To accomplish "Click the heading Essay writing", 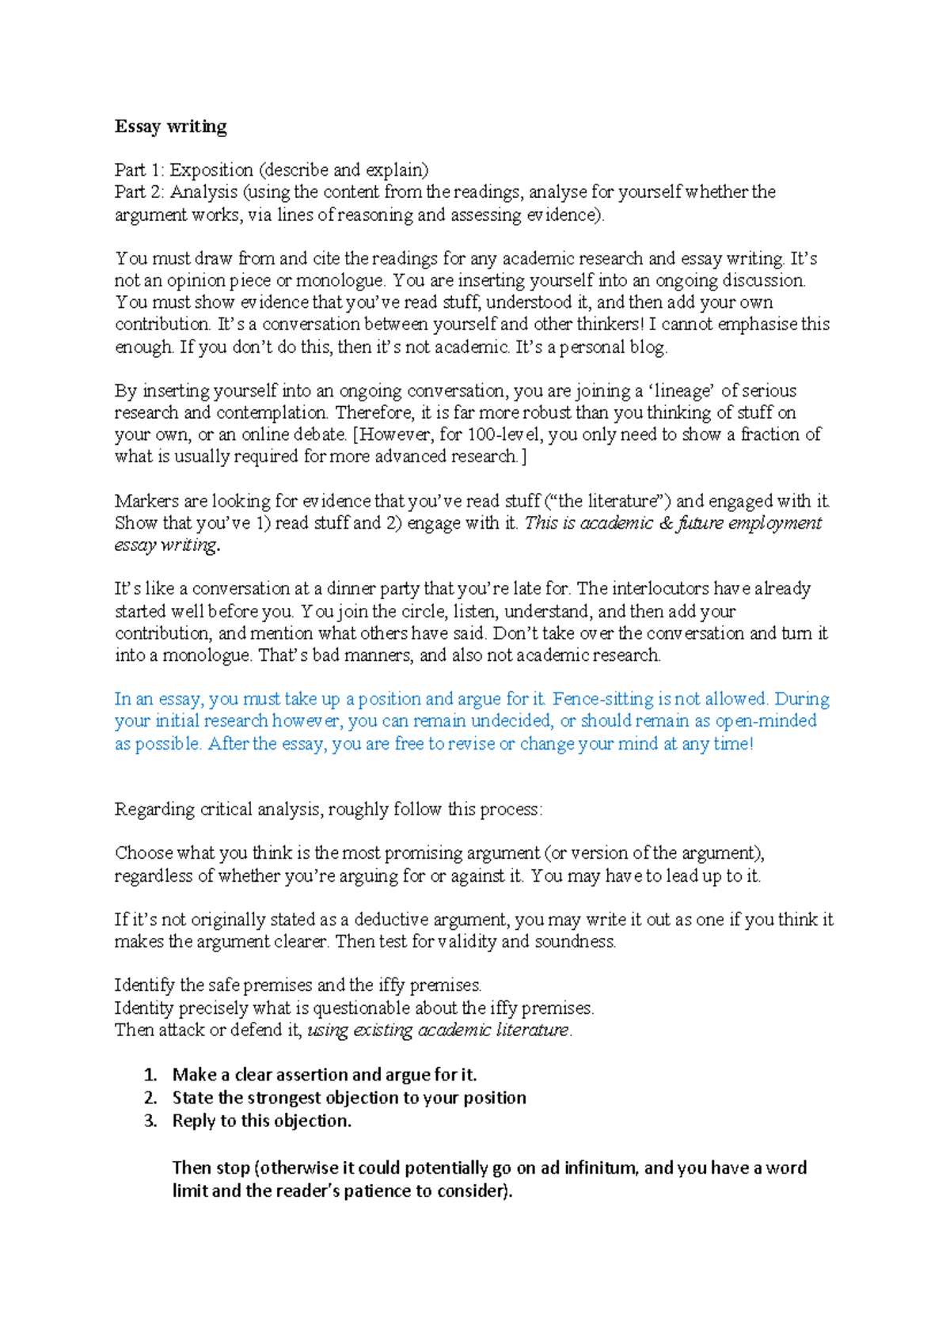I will click(170, 127).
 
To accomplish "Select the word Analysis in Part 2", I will click(203, 192).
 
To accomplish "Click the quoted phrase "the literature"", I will click(609, 501).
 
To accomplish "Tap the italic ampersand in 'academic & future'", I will click(666, 523).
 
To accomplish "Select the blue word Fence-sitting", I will click(603, 699).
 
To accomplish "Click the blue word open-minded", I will click(766, 721).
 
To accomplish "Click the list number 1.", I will click(150, 1075).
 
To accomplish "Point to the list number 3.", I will click(150, 1121).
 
